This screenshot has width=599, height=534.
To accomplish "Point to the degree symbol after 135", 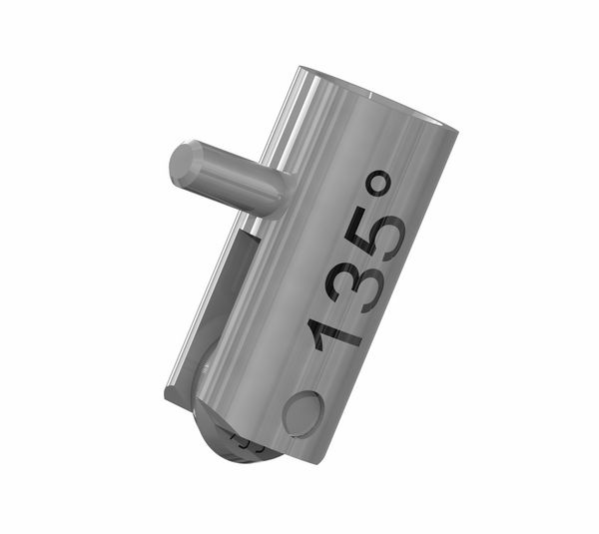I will pos(381,184).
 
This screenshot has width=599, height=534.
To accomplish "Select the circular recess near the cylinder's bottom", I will pos(301,411).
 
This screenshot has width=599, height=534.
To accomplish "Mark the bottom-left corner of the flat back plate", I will pos(168,397).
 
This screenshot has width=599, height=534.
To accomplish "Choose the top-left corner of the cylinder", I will pos(299,70).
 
